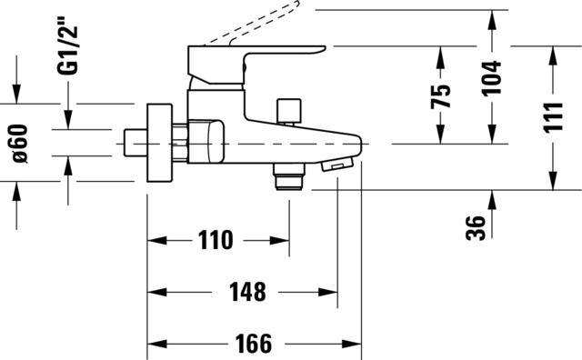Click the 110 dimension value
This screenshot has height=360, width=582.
click(216, 240)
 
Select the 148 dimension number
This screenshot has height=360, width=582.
click(247, 292)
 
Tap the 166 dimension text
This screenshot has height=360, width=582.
click(254, 344)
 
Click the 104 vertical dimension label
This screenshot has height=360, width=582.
click(492, 78)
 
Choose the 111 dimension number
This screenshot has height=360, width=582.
click(553, 117)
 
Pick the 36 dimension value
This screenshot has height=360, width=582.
click(476, 228)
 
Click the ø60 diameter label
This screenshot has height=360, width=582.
click(20, 144)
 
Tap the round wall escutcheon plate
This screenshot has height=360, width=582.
click(160, 143)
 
